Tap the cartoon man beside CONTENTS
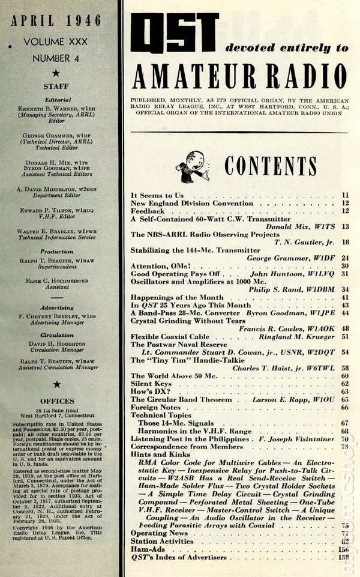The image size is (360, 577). click(198, 166)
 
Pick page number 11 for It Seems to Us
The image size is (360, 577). click(345, 195)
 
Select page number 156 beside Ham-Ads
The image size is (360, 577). click(343, 549)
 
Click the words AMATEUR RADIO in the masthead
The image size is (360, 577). click(239, 76)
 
